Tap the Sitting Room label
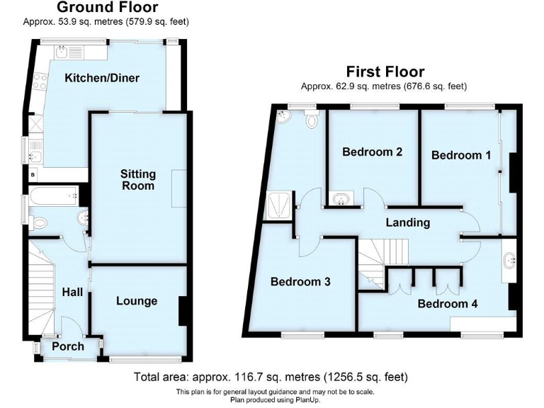tap(138, 180)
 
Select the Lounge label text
tap(137, 301)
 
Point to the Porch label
tap(68, 346)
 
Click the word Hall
tap(72, 292)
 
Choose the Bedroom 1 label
tap(461, 155)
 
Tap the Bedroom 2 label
tap(372, 152)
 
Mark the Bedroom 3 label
tap(300, 281)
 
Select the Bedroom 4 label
tap(447, 304)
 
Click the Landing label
tap(407, 222)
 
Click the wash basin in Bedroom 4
tap(509, 261)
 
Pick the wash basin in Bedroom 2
tap(341, 199)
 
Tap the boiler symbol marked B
tap(33, 174)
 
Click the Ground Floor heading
tap(107, 8)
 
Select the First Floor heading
tap(385, 72)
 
